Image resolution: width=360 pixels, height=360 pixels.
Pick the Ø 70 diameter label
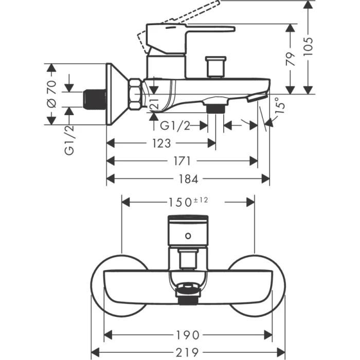(x=51, y=95)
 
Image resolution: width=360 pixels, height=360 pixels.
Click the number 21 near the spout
(x=153, y=103)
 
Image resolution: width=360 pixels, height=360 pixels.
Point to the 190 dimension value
(x=186, y=335)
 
